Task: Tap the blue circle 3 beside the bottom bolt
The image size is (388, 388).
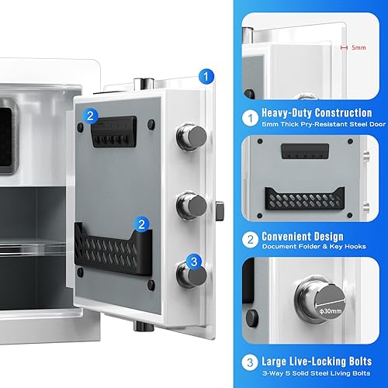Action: (196, 262)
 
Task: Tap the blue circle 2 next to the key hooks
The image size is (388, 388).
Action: (92, 117)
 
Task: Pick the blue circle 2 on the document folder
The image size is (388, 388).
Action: (141, 224)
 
